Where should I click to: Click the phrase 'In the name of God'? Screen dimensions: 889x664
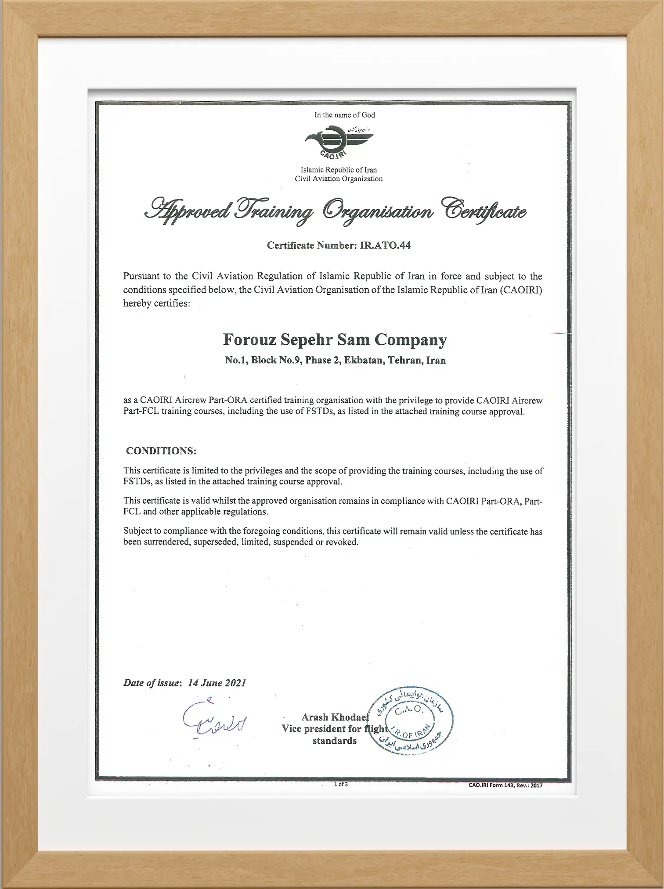[344, 115]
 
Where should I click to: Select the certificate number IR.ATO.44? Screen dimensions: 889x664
[385, 245]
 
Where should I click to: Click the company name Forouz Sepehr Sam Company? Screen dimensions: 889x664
[335, 340]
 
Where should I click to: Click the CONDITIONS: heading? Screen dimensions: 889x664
[161, 451]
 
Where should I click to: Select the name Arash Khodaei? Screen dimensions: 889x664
[334, 717]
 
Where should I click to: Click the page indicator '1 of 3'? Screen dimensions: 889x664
[341, 784]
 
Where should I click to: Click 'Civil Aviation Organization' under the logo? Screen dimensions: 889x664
[339, 179]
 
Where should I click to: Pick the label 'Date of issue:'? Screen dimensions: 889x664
[152, 683]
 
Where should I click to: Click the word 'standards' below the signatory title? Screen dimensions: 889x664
[334, 741]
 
